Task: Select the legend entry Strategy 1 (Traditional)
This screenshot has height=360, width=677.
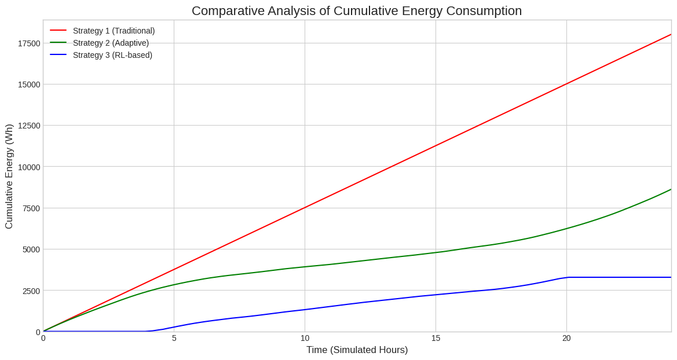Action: (x=114, y=31)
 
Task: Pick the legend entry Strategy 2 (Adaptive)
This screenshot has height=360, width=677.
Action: (x=111, y=43)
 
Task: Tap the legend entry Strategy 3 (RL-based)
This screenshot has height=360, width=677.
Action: (x=112, y=55)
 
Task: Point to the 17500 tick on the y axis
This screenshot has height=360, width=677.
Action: (x=29, y=43)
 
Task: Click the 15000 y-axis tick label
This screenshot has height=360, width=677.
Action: (x=29, y=85)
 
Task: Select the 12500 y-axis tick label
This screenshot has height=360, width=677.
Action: (x=29, y=126)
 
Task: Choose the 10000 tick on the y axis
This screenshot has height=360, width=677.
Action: (x=29, y=167)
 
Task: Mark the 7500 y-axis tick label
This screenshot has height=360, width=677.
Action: (x=31, y=208)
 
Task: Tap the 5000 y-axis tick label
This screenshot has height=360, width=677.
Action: (x=31, y=249)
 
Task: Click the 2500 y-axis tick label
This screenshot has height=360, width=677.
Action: (x=31, y=291)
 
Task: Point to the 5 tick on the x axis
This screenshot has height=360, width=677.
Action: (x=174, y=338)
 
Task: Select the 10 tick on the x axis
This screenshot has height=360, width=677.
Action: (x=305, y=338)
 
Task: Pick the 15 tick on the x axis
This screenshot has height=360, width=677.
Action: (x=436, y=338)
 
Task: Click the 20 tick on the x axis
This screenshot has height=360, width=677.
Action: (x=566, y=338)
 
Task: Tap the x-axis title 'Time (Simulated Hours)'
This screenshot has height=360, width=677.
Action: (x=357, y=350)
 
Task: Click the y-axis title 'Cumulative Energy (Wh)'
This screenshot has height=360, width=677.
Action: (x=9, y=176)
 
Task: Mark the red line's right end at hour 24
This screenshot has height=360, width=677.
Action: (x=671, y=35)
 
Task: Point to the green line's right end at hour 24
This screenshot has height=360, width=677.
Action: (x=671, y=189)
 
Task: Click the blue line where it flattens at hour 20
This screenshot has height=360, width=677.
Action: (x=567, y=277)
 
